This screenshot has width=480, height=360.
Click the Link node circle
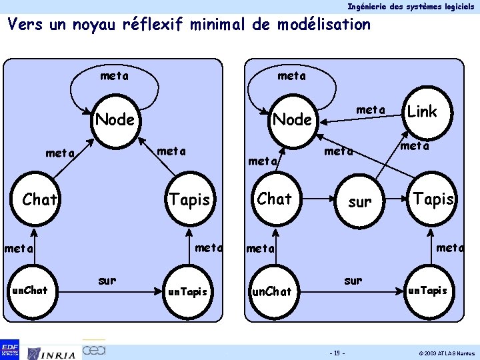(x=423, y=112)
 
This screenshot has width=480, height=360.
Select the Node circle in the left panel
(x=115, y=120)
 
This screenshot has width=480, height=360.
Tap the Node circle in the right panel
(x=293, y=119)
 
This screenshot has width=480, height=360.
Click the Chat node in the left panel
(x=40, y=199)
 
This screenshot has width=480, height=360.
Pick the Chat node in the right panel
(x=275, y=199)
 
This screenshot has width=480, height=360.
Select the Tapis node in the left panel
(x=190, y=199)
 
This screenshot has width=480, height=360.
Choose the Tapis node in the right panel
(x=434, y=199)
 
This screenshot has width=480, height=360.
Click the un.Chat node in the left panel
(x=30, y=291)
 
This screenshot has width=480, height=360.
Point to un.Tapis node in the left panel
(x=187, y=291)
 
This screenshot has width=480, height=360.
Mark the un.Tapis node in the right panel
(x=427, y=291)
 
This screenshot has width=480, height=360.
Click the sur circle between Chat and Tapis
(x=360, y=202)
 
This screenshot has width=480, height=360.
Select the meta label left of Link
(x=371, y=109)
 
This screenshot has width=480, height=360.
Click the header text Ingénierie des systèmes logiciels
(x=411, y=6)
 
